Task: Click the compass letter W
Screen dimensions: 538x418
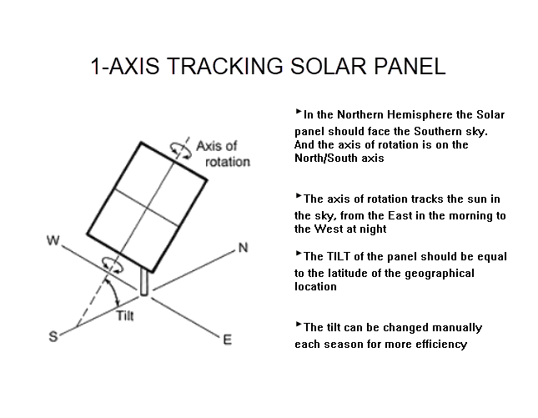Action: [53, 240]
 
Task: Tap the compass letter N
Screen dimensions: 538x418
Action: [243, 248]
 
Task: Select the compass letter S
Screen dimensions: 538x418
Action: [53, 336]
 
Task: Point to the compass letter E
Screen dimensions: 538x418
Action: [228, 340]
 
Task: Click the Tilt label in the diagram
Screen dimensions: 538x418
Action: [125, 315]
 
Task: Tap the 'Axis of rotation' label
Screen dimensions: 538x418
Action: [223, 154]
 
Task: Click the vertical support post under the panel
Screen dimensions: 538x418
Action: [144, 283]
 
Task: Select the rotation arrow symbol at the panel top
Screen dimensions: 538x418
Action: [181, 150]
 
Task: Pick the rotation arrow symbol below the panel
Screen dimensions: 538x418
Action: [113, 265]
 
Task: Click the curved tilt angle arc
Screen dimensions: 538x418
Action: [114, 292]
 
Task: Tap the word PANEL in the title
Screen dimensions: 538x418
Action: [410, 66]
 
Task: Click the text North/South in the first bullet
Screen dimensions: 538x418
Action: [327, 158]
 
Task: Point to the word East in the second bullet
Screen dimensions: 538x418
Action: [400, 216]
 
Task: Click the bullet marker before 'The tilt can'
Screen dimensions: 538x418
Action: [299, 325]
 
